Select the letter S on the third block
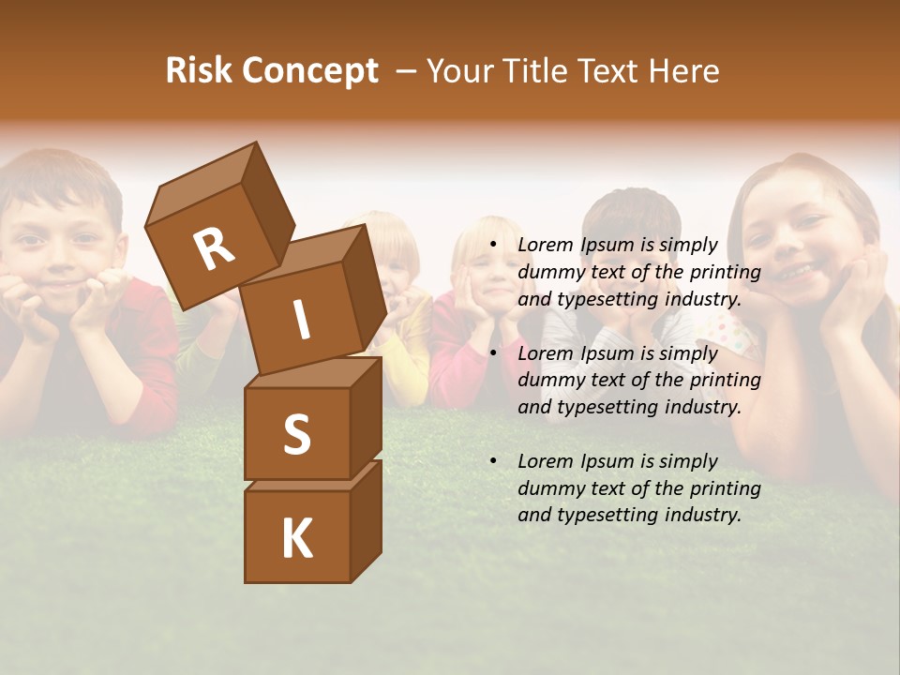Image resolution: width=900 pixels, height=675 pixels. (x=296, y=435)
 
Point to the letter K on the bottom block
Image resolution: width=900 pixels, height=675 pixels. (x=296, y=539)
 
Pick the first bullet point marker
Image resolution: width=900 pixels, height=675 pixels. (x=493, y=246)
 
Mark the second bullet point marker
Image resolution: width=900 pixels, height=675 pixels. (x=493, y=354)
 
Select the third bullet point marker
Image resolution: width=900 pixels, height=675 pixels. (x=493, y=462)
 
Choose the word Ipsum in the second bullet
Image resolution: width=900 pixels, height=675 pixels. (x=607, y=353)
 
